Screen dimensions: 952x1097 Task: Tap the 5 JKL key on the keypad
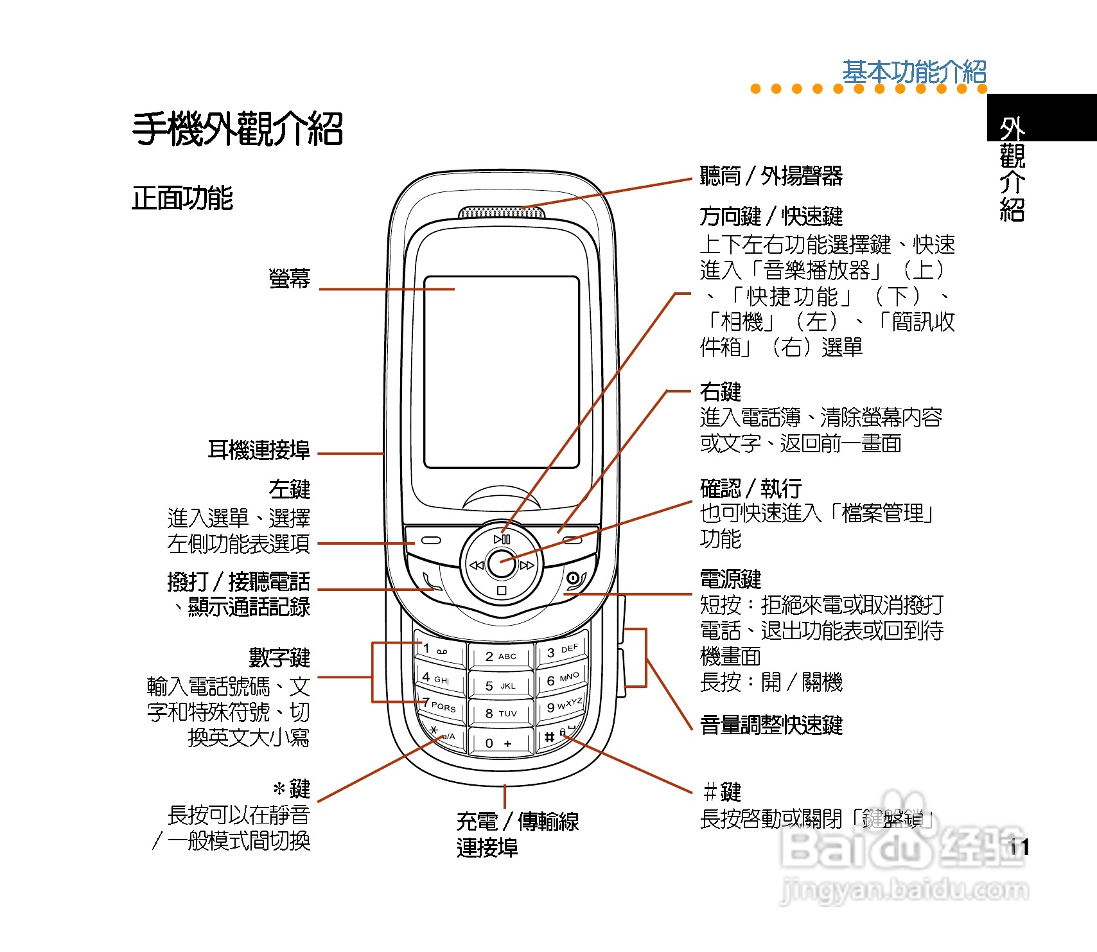(500, 685)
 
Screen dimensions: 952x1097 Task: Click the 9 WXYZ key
(563, 706)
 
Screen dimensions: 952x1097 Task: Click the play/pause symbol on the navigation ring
(502, 540)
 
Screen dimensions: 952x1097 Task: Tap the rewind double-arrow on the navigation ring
(476, 565)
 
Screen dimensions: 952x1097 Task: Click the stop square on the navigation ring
(502, 590)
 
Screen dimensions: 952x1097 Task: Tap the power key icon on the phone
(574, 579)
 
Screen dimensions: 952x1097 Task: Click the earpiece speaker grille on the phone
(502, 213)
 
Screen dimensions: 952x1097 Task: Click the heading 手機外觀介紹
(238, 128)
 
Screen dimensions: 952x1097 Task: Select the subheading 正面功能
(182, 198)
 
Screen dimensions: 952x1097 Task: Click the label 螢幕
(290, 279)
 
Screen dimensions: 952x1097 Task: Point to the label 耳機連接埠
(259, 450)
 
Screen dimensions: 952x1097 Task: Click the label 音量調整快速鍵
(771, 725)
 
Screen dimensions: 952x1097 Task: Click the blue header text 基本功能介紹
(914, 72)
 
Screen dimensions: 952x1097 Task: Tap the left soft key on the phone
(430, 540)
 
